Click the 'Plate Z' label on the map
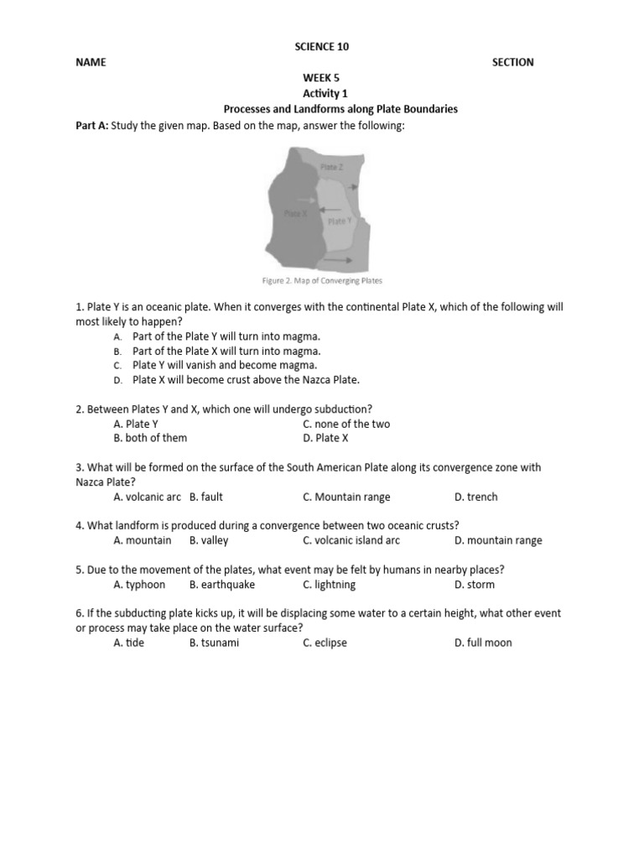coord(331,168)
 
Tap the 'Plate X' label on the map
coord(295,214)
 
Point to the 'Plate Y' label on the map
coord(338,221)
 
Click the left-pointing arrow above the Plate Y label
coord(330,209)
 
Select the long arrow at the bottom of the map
coord(334,260)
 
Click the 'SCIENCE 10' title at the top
coord(322,47)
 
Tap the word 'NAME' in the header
coord(91,62)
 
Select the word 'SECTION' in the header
coord(513,62)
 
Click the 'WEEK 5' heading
coord(322,78)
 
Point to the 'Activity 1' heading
coord(322,93)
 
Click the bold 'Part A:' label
coord(92,125)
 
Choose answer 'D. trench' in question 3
coord(475,497)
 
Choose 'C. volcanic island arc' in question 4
coord(351,540)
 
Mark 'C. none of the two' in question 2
coord(346,424)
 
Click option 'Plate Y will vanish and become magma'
coord(225,365)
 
